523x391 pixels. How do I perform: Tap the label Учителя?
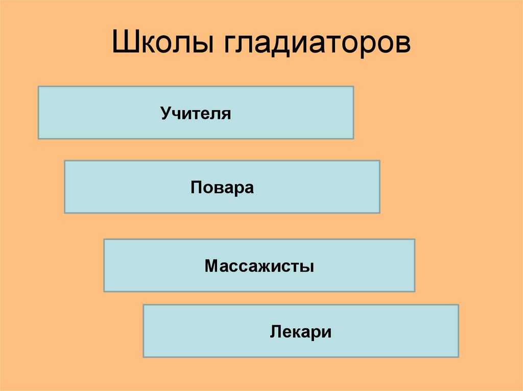tap(196, 113)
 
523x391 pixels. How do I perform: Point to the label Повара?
tap(222, 187)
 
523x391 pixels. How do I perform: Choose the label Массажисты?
tap(259, 266)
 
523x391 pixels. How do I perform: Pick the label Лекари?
tap(301, 332)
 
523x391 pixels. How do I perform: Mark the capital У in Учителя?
tap(167, 113)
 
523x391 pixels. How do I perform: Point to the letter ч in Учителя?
tap(176, 114)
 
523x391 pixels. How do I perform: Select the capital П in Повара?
tap(196, 187)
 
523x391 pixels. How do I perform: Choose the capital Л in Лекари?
tap(275, 332)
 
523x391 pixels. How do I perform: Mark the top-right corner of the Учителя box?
tap(353, 86)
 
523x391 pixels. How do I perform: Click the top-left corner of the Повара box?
tap(64, 161)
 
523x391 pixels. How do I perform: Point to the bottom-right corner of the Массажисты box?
tap(415, 292)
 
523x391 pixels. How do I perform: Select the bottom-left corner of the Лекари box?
tap(143, 357)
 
